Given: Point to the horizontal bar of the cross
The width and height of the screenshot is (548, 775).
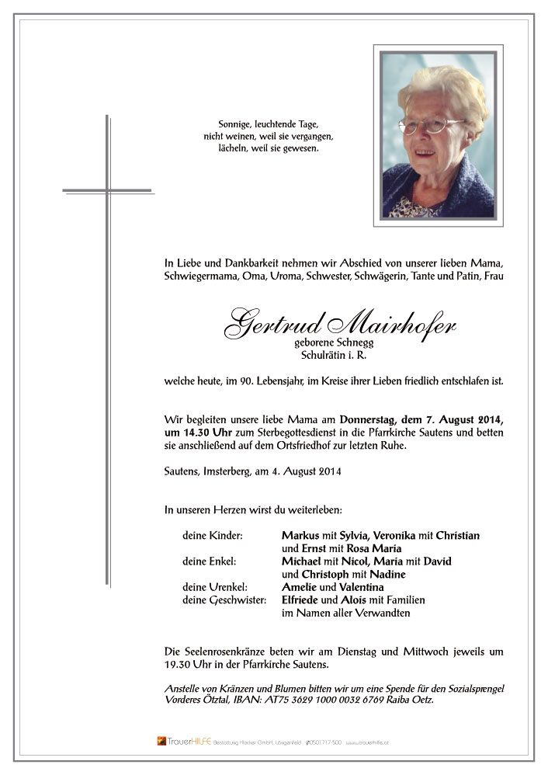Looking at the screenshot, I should (107, 189).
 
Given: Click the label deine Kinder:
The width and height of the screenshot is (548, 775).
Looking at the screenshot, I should (213, 536).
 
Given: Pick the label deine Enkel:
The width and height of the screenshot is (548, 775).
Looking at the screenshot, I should (210, 561).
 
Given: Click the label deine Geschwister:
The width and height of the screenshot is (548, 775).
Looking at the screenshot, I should (224, 599).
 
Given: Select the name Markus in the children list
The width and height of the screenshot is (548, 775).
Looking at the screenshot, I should (300, 536).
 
